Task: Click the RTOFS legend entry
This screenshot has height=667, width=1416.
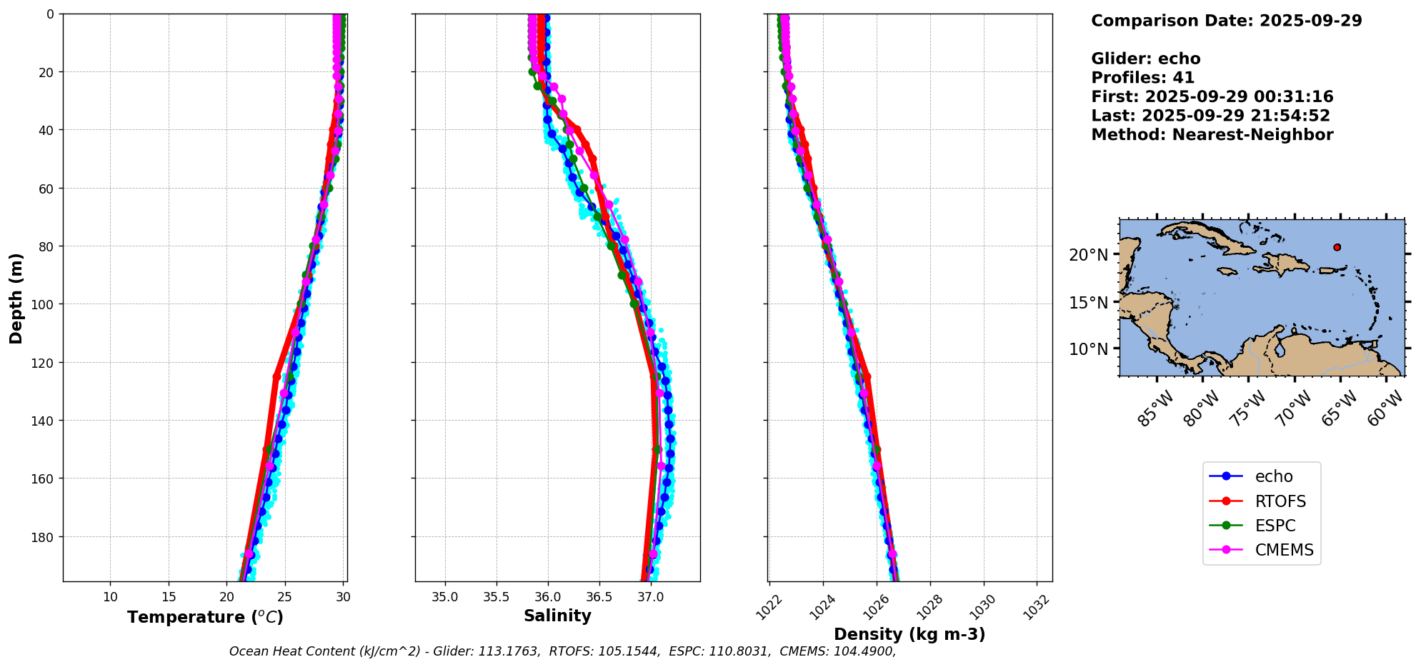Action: (1280, 501)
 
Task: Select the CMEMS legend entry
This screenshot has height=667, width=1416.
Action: (1284, 550)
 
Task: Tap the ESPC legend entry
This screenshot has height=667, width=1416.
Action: (1275, 526)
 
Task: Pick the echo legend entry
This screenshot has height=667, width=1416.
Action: (1273, 476)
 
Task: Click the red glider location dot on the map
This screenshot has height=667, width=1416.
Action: (1337, 247)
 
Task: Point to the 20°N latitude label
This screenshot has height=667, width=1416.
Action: (1088, 255)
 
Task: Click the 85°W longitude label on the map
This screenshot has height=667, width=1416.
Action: (1155, 409)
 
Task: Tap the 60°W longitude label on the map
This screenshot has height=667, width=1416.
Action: (1386, 409)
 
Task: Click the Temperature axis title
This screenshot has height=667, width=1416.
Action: (205, 617)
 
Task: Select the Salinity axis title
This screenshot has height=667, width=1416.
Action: (557, 616)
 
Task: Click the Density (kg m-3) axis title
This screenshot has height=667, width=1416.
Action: (909, 634)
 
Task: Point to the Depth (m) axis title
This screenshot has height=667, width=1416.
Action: (16, 298)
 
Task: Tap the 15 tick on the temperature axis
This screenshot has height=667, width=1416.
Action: (169, 597)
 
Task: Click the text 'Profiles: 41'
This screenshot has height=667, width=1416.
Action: (1142, 78)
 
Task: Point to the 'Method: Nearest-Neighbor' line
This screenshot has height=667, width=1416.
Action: (1212, 135)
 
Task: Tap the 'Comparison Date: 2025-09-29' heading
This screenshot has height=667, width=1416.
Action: (1226, 21)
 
